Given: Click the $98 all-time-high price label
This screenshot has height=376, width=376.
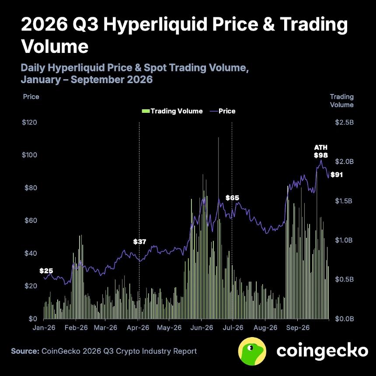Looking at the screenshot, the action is (321, 155).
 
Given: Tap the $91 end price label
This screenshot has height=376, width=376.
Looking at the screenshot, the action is (337, 175).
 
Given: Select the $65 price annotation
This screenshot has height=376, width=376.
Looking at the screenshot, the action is (232, 198).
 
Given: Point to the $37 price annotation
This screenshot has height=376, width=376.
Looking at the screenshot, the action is (139, 241).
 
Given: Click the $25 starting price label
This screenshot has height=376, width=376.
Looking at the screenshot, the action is (46, 271).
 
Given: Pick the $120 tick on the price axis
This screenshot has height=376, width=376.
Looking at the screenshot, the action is (29, 122).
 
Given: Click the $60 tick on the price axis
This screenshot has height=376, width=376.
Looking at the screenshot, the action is (31, 220).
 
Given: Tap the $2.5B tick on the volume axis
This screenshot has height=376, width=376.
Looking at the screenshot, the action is (345, 122).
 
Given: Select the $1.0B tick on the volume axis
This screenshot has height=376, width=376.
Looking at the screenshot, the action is (344, 240).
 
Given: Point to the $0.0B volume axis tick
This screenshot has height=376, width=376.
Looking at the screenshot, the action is (345, 319).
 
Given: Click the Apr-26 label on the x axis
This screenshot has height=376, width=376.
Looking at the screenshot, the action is (138, 327).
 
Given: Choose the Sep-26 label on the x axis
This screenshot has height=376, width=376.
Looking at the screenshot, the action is (298, 327).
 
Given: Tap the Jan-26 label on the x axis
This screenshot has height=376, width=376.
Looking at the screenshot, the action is (44, 327).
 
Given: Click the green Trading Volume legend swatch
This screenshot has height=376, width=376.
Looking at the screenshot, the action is (146, 111).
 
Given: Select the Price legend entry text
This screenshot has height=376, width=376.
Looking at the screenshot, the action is (227, 111).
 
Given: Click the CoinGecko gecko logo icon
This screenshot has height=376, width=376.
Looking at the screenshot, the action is (252, 351).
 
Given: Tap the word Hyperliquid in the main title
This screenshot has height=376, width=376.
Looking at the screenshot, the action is (155, 25).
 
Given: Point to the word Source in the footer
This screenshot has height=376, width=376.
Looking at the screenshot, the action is (25, 351).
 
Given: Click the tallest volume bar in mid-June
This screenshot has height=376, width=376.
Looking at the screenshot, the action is (219, 228).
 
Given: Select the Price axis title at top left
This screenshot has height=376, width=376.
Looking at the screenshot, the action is (31, 97).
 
